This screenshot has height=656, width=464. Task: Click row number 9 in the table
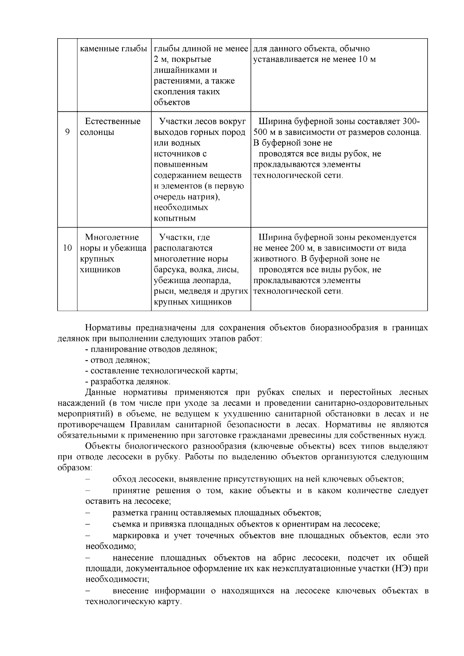67,132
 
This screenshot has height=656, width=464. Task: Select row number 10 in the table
67,248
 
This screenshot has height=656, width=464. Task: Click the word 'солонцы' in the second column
97,132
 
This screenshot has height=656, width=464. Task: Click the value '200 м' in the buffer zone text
295,248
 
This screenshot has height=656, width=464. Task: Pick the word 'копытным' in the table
175,218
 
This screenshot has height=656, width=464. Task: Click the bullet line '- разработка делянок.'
128,382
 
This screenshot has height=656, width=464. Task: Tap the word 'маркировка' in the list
136,536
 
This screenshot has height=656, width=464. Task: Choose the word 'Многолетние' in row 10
112,237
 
